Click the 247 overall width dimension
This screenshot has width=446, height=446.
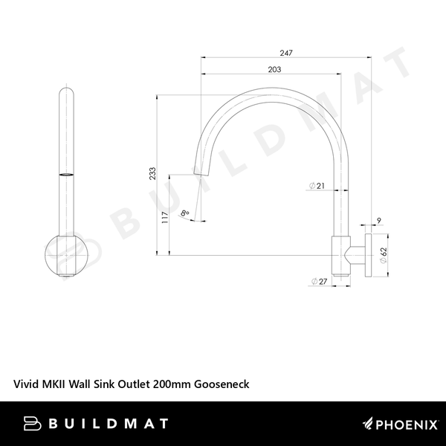[x=286, y=53]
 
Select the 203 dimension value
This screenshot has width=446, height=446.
[x=274, y=69]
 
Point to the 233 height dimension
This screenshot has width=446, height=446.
[x=152, y=173]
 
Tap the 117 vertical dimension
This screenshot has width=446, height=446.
[x=165, y=218]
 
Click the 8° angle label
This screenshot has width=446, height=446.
[x=185, y=213]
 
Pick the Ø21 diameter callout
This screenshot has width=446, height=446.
[x=317, y=186]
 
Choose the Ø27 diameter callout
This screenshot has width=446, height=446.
[x=319, y=282]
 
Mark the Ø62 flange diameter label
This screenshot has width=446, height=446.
[x=384, y=255]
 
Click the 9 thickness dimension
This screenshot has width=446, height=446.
[x=379, y=221]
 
